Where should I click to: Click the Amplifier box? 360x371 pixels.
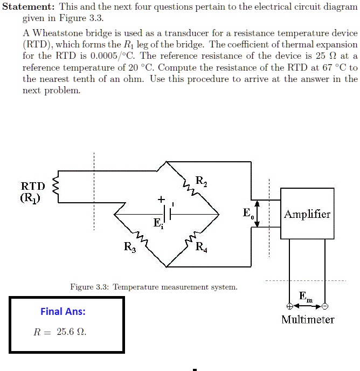pyautogui.click(x=307, y=214)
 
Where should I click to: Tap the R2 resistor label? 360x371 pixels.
pyautogui.click(x=200, y=182)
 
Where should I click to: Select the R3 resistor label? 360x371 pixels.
pyautogui.click(x=130, y=247)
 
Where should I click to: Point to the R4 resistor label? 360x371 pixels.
pyautogui.click(x=200, y=247)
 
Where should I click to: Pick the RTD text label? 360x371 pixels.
pyautogui.click(x=33, y=186)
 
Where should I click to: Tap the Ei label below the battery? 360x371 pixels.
pyautogui.click(x=157, y=224)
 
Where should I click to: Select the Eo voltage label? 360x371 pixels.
pyautogui.click(x=247, y=214)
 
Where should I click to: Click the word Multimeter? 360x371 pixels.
pyautogui.click(x=308, y=319)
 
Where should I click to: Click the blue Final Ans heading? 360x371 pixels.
pyautogui.click(x=63, y=311)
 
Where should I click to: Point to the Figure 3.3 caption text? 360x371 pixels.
pyautogui.click(x=154, y=287)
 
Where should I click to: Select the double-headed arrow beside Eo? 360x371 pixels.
pyautogui.click(x=258, y=214)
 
